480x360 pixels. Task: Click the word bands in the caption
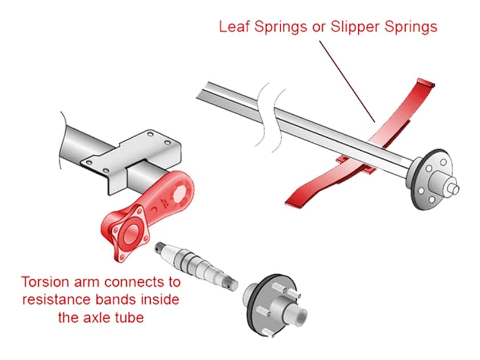115,299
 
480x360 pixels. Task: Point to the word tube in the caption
129,316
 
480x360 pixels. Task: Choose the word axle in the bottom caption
99,316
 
